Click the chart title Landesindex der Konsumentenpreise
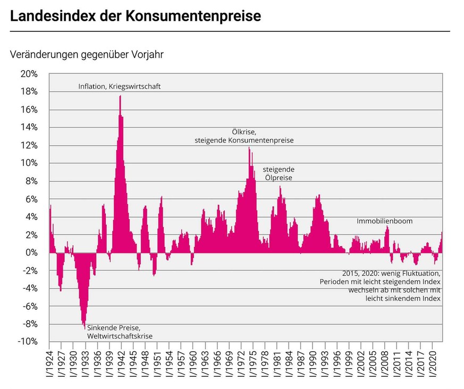point(136,16)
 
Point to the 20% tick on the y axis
point(29,74)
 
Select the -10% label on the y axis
point(27,342)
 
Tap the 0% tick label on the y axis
point(31,252)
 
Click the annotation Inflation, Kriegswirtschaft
point(119,86)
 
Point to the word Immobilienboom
point(384,221)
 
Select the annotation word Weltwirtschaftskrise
point(120,336)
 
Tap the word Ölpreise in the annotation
point(279,178)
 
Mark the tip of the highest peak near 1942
point(120,96)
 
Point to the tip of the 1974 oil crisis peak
point(249,147)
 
